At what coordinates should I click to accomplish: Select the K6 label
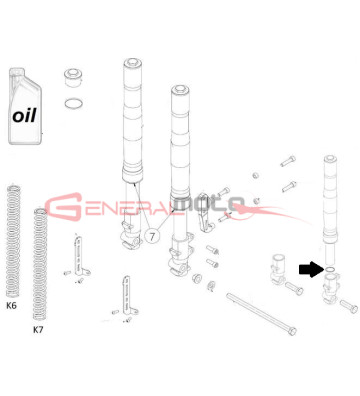13,310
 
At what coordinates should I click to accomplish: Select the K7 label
39,329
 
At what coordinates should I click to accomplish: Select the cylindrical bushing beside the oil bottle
74,77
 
